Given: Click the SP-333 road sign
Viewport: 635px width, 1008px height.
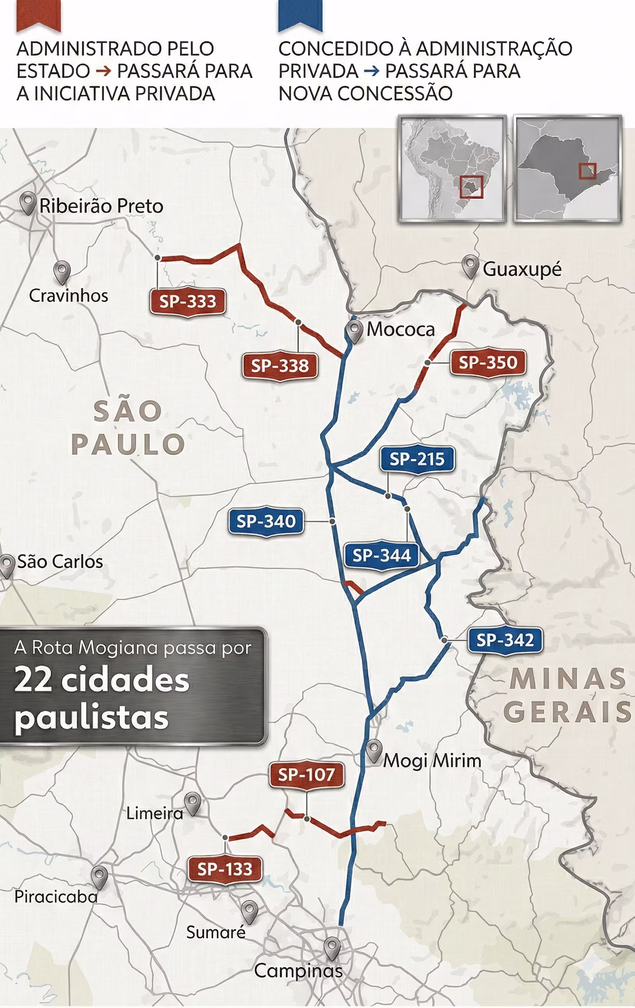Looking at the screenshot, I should pos(188,301).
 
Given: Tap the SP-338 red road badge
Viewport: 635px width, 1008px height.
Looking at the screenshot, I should pos(280,366).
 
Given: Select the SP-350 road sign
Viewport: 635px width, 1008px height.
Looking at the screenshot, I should pos(488,362).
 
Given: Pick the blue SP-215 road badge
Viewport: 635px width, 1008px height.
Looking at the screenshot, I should pos(417,459).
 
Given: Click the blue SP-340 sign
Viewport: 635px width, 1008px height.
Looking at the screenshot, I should pos(266,521).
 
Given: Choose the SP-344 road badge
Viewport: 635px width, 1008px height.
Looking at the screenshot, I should pos(381,555).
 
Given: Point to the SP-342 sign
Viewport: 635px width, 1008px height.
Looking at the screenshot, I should pos(505,640).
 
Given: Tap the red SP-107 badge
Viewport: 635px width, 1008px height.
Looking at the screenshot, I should pos(306,775).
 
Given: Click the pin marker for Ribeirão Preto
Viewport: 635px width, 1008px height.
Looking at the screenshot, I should pos(28,203).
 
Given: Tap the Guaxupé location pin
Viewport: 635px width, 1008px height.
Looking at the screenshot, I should pos(470,266).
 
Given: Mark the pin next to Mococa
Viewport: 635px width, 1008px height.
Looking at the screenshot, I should pos(355,332).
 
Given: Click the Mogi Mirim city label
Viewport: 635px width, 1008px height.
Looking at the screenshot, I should pos(432,761).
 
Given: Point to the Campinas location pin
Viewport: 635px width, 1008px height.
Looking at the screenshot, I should pos(333,948).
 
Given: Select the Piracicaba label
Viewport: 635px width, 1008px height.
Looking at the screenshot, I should pos(56,897).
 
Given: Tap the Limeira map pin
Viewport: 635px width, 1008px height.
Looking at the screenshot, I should pos(193,803).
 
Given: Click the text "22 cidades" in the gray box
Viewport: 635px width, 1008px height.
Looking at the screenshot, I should pos(102,680).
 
